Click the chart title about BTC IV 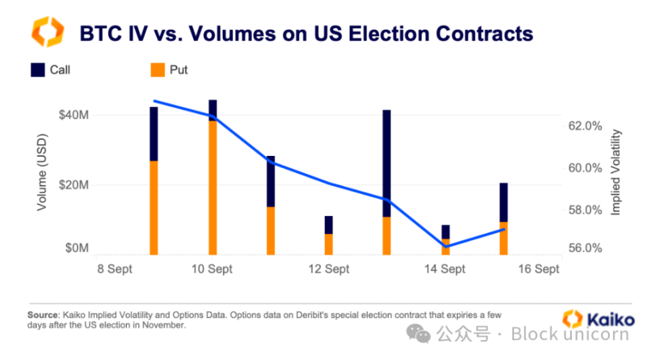pyautogui.click(x=306, y=33)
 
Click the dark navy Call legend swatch pyautogui.click(x=37, y=69)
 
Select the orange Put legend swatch pyautogui.click(x=157, y=69)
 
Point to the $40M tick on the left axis pyautogui.click(x=73, y=115)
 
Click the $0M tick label pyautogui.click(x=76, y=248)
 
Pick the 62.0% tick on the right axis pyautogui.click(x=585, y=126)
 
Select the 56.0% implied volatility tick pyautogui.click(x=585, y=248)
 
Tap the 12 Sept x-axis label pyautogui.click(x=330, y=269)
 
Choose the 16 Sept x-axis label pyautogui.click(x=539, y=269)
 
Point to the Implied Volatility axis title pyautogui.click(x=617, y=173)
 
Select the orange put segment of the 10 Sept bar pyautogui.click(x=213, y=187)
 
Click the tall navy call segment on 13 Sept pyautogui.click(x=387, y=163)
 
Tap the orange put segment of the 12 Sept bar pyautogui.click(x=328, y=244)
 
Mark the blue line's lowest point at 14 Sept pyautogui.click(x=445, y=246)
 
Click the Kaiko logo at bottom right pyautogui.click(x=597, y=318)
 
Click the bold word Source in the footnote pyautogui.click(x=43, y=314)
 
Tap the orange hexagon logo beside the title pyautogui.click(x=47, y=33)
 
